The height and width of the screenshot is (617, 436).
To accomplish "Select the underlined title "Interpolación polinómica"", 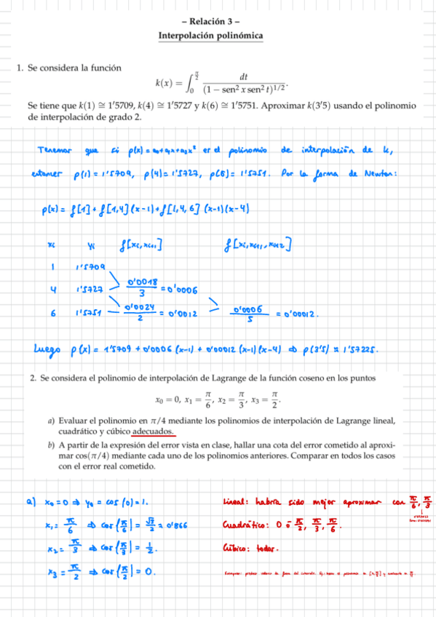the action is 210,36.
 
